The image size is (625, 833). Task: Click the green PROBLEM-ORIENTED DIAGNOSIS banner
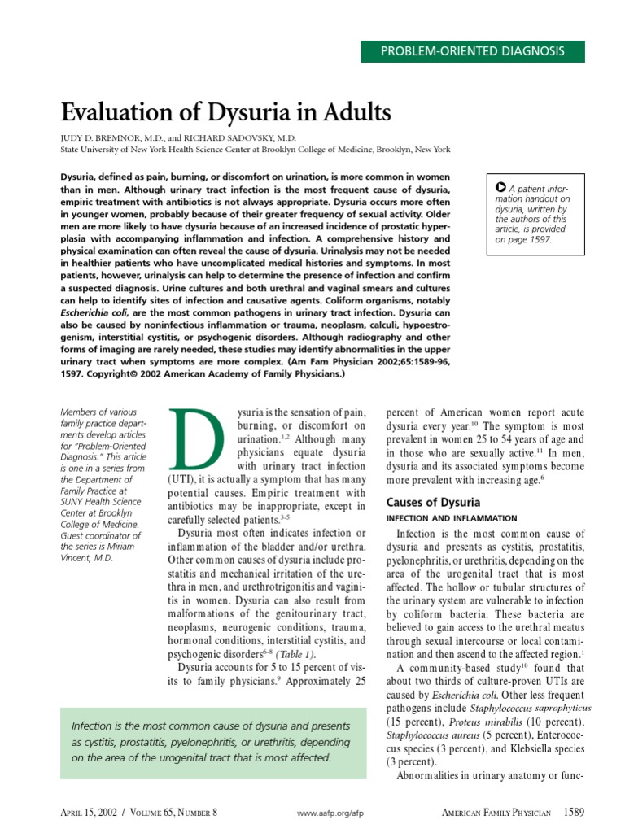click(473, 51)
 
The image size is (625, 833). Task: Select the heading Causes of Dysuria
click(433, 502)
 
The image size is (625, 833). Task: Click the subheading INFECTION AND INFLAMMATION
click(451, 518)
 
